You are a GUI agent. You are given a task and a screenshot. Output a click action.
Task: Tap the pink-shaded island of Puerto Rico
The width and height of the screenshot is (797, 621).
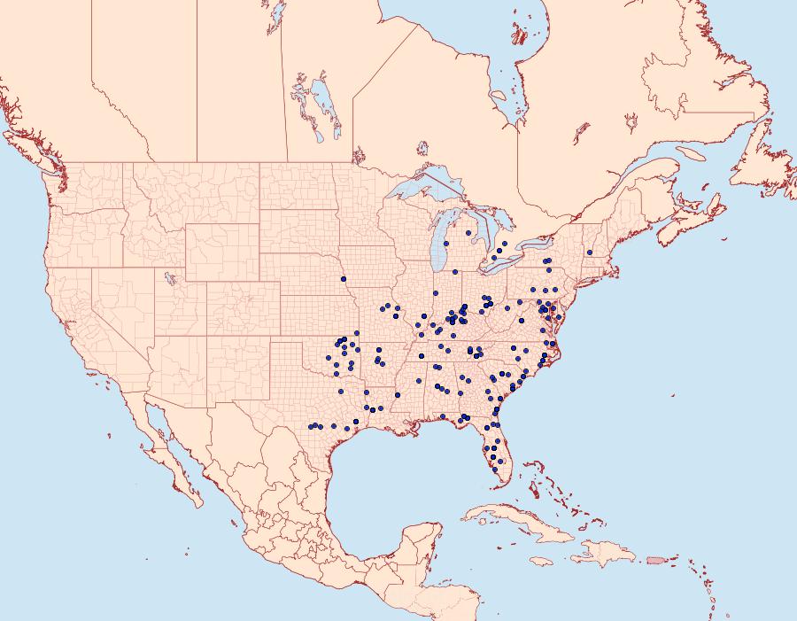[655, 559]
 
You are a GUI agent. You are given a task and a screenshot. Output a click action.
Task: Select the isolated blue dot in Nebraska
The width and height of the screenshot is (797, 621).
[342, 279]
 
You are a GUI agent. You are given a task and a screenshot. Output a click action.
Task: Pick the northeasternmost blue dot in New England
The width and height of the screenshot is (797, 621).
[589, 252]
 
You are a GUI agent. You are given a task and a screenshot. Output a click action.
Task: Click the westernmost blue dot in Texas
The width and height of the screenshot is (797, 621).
[311, 427]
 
